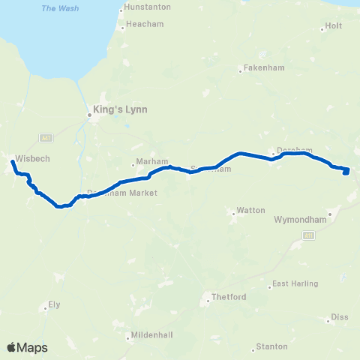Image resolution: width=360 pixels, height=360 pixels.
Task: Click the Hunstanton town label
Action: [x=149, y=7]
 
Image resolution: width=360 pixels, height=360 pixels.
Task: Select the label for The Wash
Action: [x=57, y=8]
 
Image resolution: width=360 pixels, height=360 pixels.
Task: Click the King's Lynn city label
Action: [x=120, y=109]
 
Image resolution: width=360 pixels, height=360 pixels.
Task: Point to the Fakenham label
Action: [x=262, y=70]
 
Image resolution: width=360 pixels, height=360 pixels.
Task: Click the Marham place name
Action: [x=147, y=163]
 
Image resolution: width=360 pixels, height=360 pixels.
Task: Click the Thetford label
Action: [x=229, y=297]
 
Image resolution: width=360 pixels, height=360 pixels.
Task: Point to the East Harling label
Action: [x=295, y=283]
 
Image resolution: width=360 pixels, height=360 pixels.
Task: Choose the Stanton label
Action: [x=271, y=346]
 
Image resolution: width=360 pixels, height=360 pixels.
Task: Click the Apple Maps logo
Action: [x=26, y=347]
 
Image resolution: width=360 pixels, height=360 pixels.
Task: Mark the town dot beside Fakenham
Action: [x=240, y=71]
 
